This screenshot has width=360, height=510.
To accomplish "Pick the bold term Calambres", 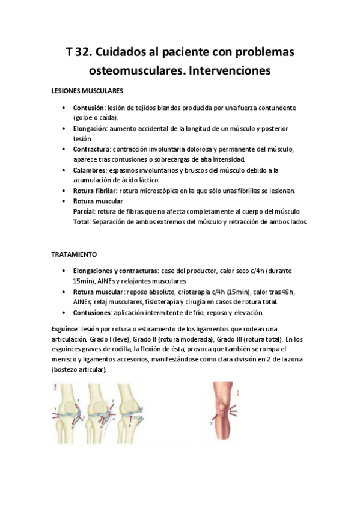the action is (90, 170).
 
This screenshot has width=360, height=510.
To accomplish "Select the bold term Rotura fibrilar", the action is (94, 191).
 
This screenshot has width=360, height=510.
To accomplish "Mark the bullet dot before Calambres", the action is (64, 170).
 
